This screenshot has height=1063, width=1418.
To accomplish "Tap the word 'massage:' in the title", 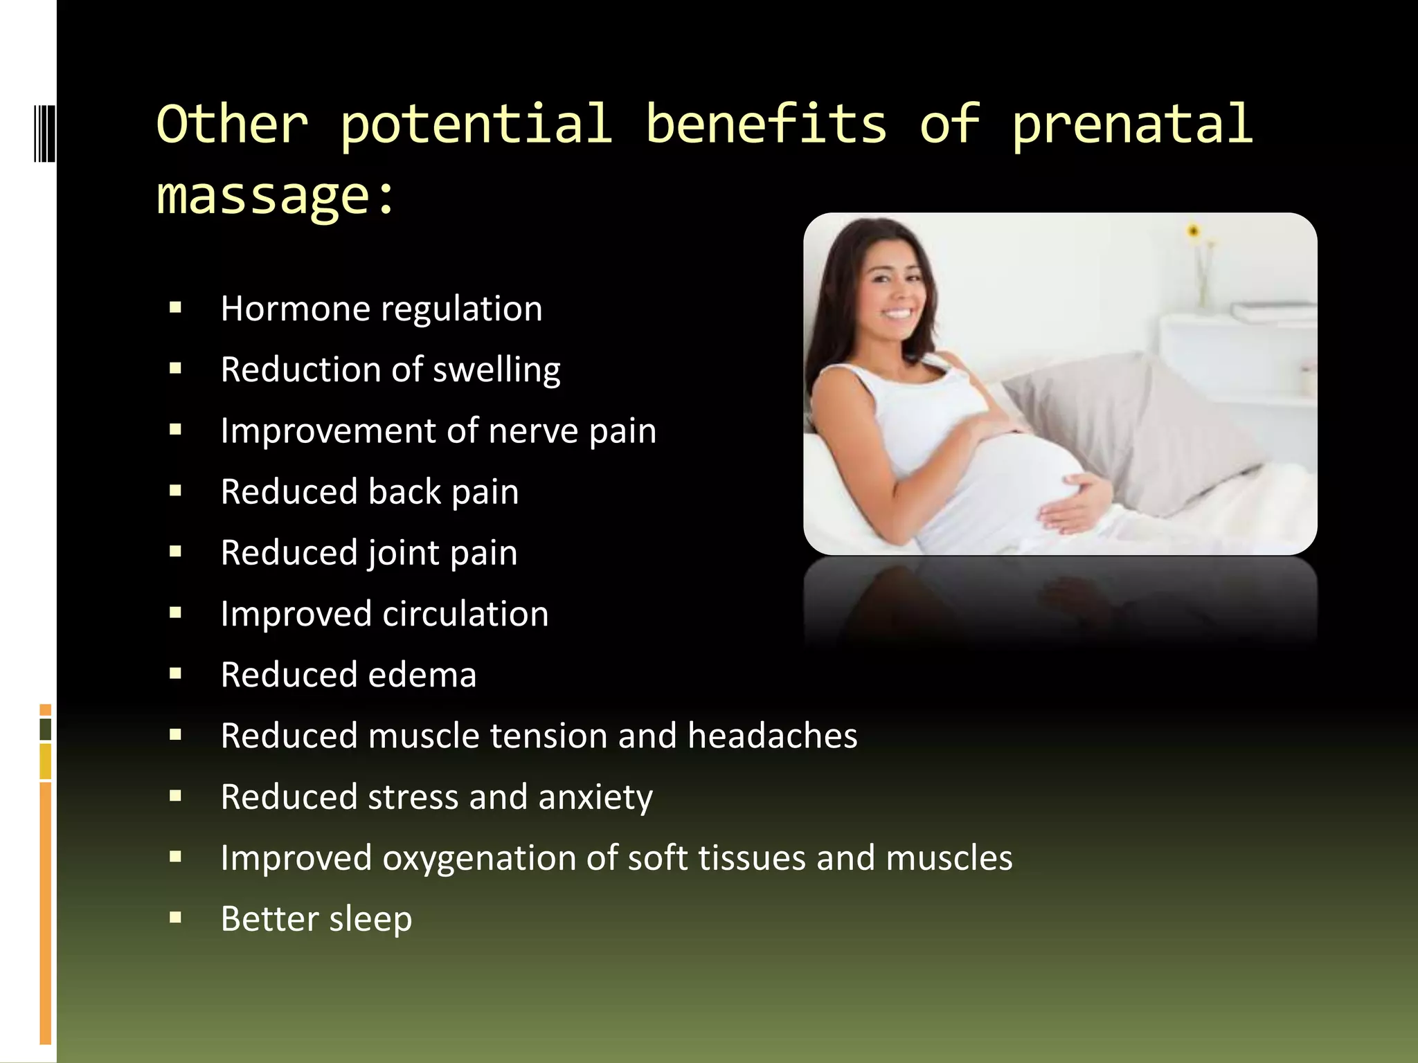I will point(276,197).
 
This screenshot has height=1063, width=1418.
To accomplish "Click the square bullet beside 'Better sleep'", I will point(175,918).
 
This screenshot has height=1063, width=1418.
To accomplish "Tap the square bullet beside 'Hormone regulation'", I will point(175,308).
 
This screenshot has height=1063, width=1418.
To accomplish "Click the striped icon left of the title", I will point(44,133).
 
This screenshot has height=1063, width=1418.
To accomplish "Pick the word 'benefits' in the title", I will point(766,125).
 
